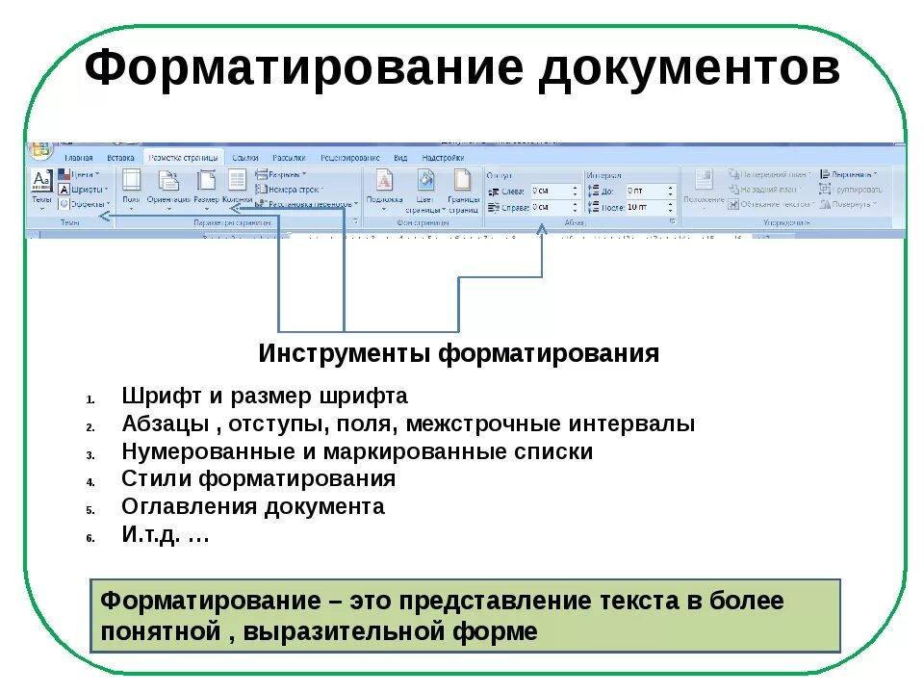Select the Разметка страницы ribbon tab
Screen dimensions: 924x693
tap(183, 157)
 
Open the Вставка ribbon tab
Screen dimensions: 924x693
tap(120, 157)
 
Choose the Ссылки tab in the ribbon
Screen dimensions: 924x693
tap(245, 157)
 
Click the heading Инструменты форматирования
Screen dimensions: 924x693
tap(458, 354)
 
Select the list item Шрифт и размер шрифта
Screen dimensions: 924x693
tap(265, 397)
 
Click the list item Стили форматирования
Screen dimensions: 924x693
tap(258, 478)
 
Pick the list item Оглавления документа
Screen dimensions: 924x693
tap(252, 506)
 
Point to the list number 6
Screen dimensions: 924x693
tap(89, 538)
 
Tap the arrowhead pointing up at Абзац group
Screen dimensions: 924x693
tap(542, 229)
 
